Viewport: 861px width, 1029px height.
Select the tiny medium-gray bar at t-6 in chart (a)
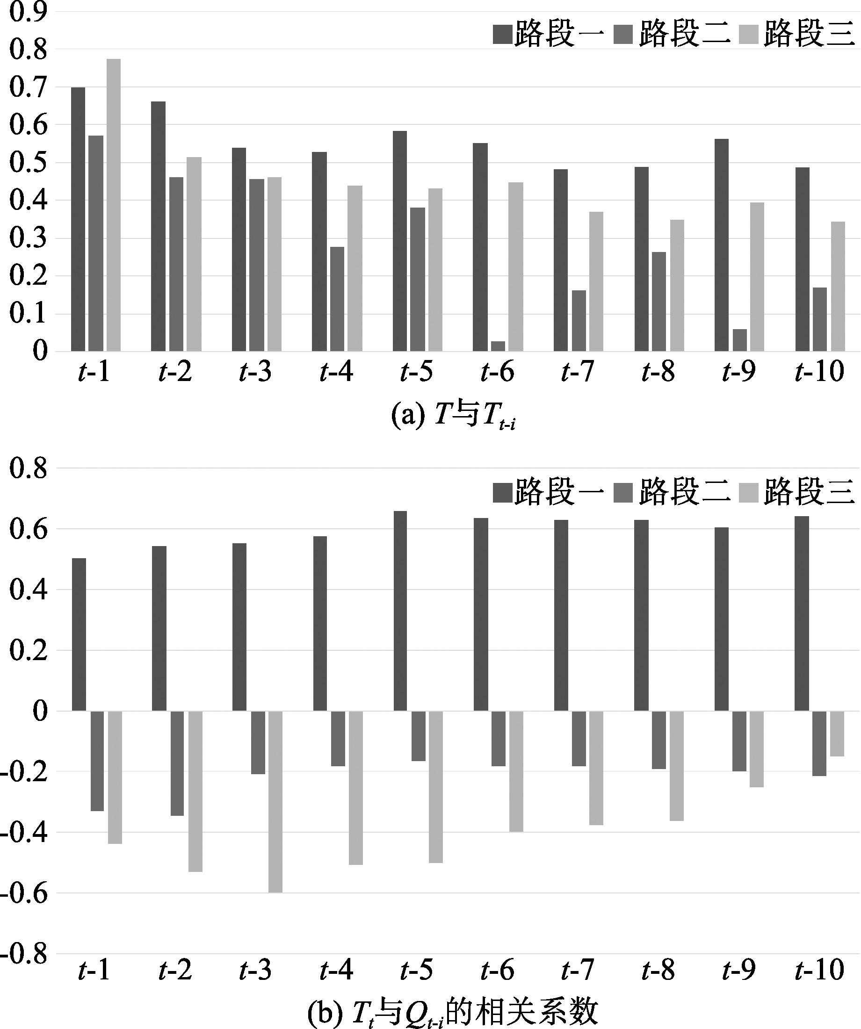(498, 346)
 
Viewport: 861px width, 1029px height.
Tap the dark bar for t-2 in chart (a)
(158, 226)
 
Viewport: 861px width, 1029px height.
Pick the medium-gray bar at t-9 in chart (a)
(739, 340)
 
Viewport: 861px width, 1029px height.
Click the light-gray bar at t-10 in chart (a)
(838, 287)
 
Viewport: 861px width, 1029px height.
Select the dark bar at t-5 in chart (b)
(400, 611)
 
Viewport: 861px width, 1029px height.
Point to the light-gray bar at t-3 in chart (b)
(275, 802)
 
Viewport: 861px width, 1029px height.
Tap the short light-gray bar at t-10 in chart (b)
(837, 734)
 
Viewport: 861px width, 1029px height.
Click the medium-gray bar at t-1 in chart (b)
(97, 761)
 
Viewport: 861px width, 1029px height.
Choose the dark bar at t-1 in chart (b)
(79, 634)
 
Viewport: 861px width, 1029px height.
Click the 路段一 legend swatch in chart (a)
(502, 34)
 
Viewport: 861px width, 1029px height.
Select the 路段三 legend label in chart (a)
(809, 34)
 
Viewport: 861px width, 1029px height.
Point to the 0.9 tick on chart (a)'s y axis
(29, 12)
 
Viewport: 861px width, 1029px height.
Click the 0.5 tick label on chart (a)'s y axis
(29, 163)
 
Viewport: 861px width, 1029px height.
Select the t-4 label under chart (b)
(336, 970)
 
